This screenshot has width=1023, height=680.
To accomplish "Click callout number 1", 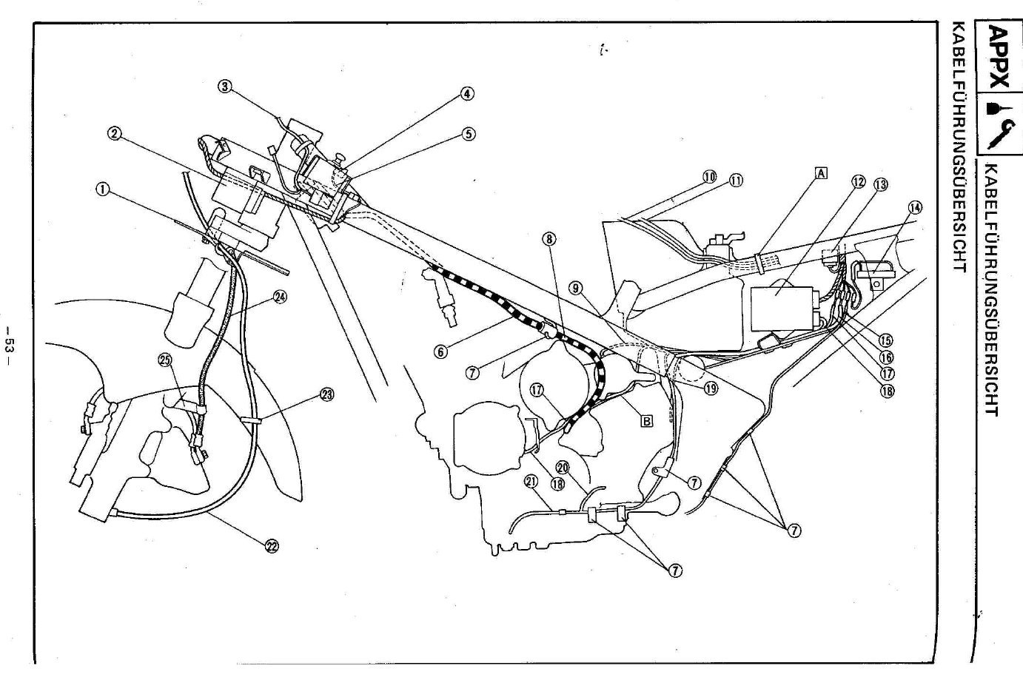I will (x=103, y=189).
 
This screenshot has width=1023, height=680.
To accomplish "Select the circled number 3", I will (x=225, y=87).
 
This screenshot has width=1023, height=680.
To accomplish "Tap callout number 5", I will (x=468, y=134).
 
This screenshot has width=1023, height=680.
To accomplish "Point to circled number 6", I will (x=441, y=352).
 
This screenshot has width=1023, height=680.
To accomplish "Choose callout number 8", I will (x=549, y=239).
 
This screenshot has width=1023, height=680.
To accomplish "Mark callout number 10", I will (x=710, y=178).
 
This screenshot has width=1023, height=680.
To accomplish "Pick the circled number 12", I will (x=858, y=183).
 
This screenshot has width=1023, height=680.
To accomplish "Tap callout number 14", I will (x=916, y=208).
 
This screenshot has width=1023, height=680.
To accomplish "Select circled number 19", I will (x=711, y=387).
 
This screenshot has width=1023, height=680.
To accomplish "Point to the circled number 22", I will (x=272, y=547).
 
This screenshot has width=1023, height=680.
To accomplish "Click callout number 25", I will (x=164, y=360).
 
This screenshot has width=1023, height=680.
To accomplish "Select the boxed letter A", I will (x=821, y=173).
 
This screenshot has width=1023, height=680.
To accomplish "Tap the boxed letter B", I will (x=646, y=422).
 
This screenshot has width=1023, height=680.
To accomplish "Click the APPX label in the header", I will (x=999, y=56).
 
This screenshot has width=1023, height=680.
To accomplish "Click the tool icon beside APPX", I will (x=999, y=123).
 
